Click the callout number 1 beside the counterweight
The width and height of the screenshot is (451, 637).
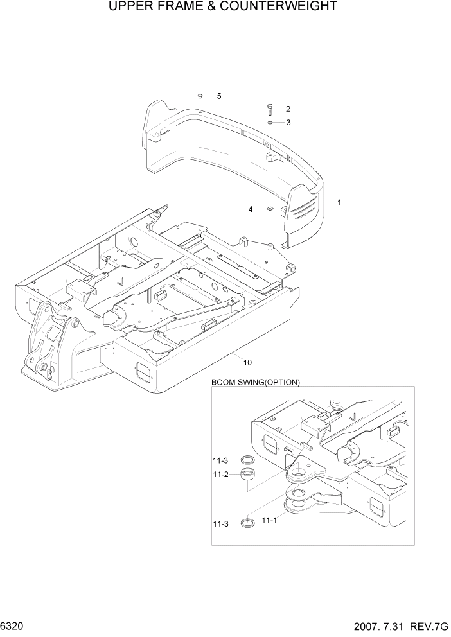pyautogui.click(x=339, y=202)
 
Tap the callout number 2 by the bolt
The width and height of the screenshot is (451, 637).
pyautogui.click(x=288, y=109)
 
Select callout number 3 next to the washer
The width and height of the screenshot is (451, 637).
pyautogui.click(x=288, y=122)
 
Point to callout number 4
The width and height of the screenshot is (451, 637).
pyautogui.click(x=251, y=209)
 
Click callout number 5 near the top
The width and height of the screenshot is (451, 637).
pyautogui.click(x=218, y=96)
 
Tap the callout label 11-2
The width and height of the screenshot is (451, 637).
pyautogui.click(x=220, y=475)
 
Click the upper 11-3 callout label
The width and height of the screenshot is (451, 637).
pyautogui.click(x=220, y=460)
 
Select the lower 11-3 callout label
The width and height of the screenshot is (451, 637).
pyautogui.click(x=220, y=523)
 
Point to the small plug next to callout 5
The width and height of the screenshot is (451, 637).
pyautogui.click(x=201, y=96)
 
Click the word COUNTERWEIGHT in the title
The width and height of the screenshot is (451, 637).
pyautogui.click(x=283, y=7)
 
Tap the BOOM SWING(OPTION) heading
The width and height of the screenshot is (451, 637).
pyautogui.click(x=256, y=382)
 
